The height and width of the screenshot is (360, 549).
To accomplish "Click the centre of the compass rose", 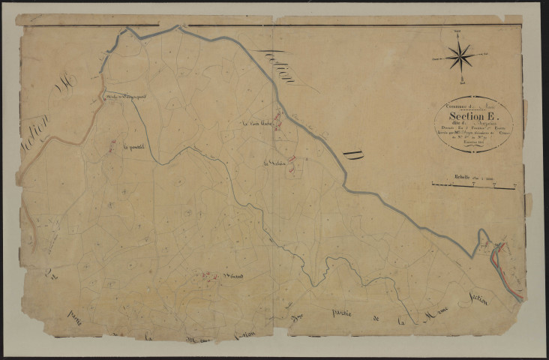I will tap(460, 55).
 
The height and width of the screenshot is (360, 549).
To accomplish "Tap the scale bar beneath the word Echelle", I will tap(473, 184).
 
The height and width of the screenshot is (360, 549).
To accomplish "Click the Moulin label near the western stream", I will tap(124, 95).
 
